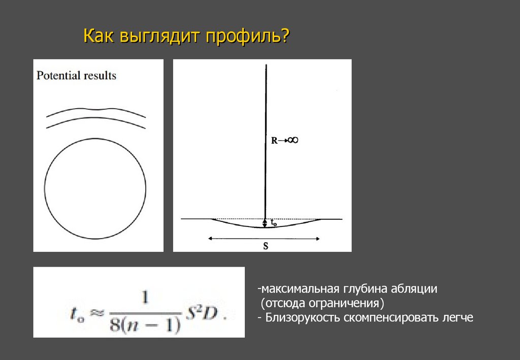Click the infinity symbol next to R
tap(292, 140)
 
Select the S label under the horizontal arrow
tap(265, 246)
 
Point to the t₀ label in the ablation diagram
tap(273, 222)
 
